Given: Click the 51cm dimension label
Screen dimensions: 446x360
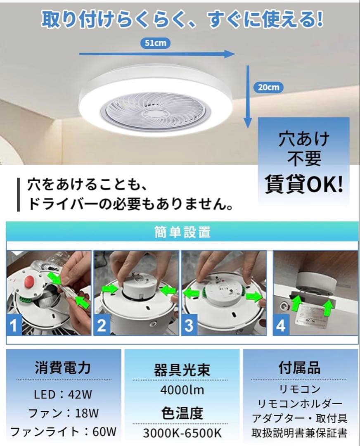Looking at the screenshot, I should (x=155, y=43).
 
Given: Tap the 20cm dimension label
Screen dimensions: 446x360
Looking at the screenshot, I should (x=269, y=87).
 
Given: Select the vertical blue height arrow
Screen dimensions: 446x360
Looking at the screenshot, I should (x=247, y=95).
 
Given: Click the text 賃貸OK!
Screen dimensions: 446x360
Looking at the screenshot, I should (x=303, y=185).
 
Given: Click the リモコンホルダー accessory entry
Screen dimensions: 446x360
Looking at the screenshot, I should (x=300, y=403).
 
